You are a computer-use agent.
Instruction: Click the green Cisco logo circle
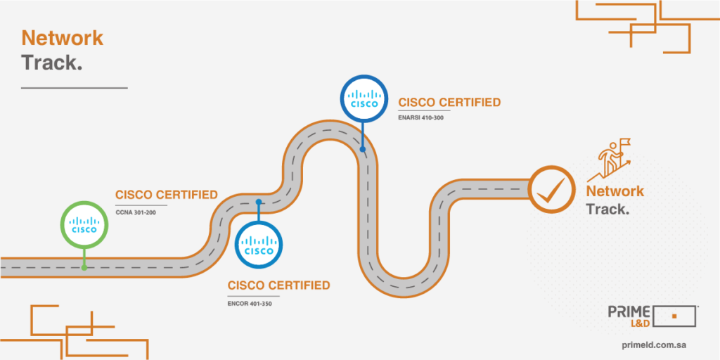(x=85, y=225)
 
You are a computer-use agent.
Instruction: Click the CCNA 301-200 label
(x=136, y=212)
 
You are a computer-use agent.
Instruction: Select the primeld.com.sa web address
(x=655, y=345)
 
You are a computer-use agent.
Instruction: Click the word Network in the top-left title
(x=62, y=38)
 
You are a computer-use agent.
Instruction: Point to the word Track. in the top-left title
(x=52, y=63)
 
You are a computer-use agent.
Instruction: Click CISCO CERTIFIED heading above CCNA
(x=167, y=195)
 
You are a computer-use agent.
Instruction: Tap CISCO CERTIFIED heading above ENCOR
(x=278, y=285)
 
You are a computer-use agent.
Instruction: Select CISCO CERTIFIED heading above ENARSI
(x=449, y=103)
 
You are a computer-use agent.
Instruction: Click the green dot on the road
(x=84, y=267)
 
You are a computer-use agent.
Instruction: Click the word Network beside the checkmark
(x=615, y=191)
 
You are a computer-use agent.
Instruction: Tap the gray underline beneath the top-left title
(x=74, y=88)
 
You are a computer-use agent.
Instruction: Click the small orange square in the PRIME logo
(x=674, y=316)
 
